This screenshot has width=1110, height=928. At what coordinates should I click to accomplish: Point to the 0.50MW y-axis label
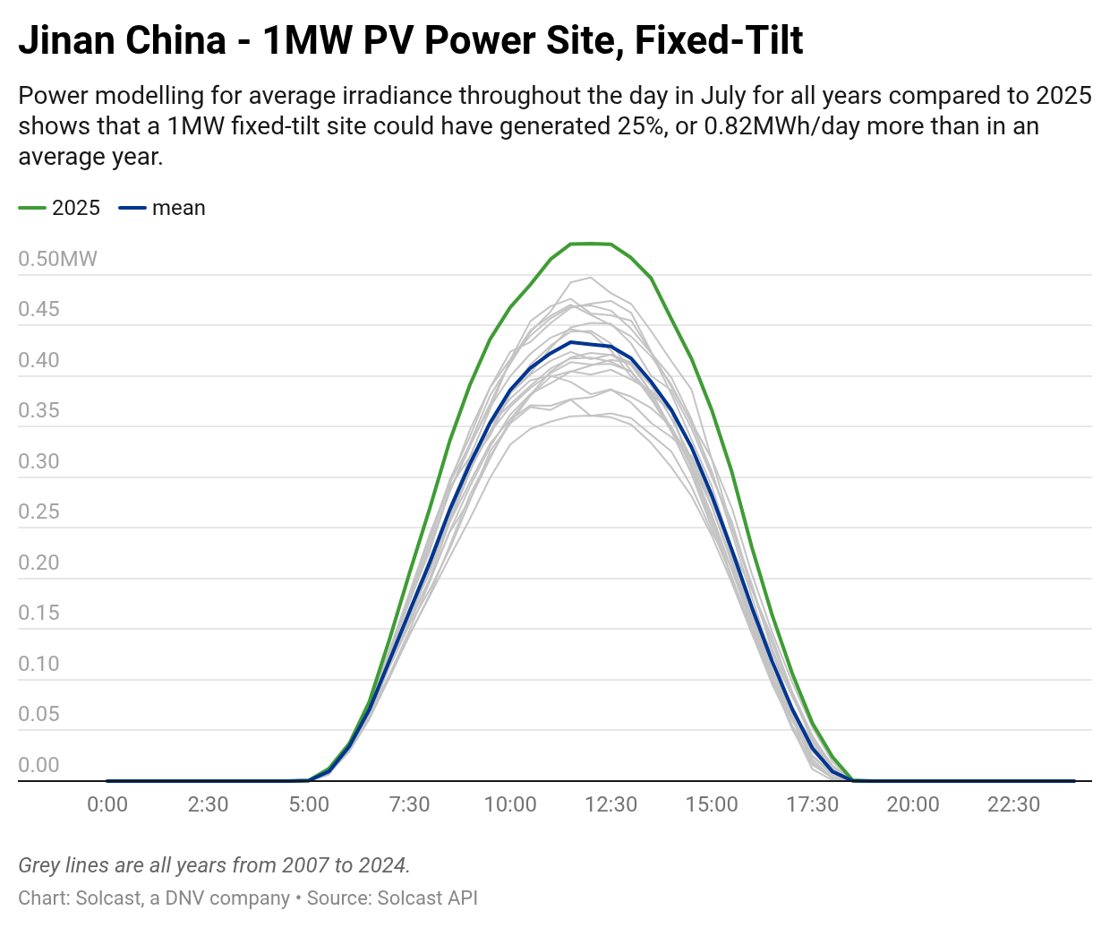pos(57,259)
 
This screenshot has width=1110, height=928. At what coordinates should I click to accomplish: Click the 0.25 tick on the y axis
pos(38,511)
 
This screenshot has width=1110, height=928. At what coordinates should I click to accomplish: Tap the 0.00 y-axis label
pos(38,765)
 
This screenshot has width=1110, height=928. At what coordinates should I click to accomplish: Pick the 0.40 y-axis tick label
pos(38,360)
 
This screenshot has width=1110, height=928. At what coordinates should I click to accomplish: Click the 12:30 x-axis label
pos(610,804)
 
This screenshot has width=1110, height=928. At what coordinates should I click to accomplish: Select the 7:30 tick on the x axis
pos(409,804)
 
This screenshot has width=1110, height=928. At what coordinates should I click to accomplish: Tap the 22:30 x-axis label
pos(1013,804)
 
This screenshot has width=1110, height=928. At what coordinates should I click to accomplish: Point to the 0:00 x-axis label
pos(107,804)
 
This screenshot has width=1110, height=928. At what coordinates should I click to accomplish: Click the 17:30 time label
pos(812,804)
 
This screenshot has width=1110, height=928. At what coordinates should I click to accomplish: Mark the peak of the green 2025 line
pos(591,243)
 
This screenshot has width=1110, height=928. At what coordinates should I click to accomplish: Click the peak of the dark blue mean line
pos(571,342)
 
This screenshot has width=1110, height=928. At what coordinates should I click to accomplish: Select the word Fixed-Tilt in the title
pos(719,40)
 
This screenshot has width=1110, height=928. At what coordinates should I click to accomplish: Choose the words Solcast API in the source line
pos(427,898)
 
